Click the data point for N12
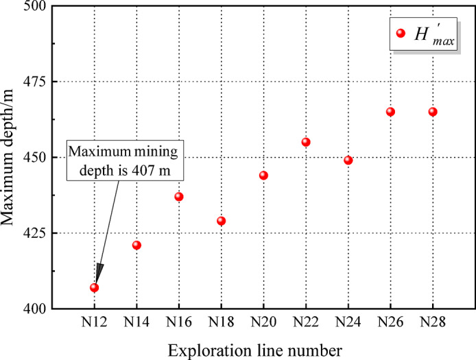(94, 287)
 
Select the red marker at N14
(136, 245)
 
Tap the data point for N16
(179, 197)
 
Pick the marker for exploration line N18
(222, 221)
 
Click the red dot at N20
(263, 176)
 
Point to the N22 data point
(306, 142)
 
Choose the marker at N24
(348, 160)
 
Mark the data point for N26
(390, 112)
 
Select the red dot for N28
(433, 112)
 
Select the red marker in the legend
(401, 34)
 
